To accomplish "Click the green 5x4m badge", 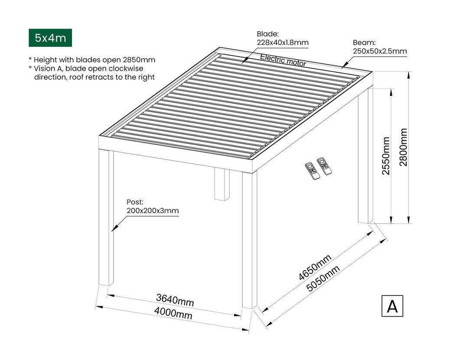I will click(50, 38).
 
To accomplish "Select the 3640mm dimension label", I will click(175, 300).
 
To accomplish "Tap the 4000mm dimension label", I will click(173, 313).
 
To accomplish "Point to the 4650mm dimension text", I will click(315, 267).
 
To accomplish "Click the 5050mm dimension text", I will click(323, 279).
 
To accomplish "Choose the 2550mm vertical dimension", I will click(386, 156).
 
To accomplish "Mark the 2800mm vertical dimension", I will click(403, 147).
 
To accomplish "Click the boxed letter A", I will click(392, 306).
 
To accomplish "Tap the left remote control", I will click(312, 171).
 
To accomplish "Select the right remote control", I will click(324, 166).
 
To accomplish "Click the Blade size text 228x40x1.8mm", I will click(283, 42).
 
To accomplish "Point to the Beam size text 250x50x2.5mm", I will click(380, 51).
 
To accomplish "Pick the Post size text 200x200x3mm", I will click(153, 211).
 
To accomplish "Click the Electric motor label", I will click(283, 60).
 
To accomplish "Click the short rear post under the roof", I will click(222, 185).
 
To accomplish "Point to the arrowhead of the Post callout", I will click(113, 230).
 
